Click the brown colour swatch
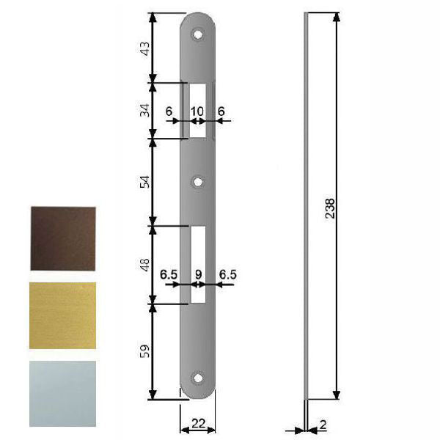coord(63,238)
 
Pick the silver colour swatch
coord(63,392)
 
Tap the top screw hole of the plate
coord(197,34)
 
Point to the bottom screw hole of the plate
coord(197,378)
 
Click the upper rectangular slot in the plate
coord(197,110)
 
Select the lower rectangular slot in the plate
coord(197,264)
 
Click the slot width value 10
coord(197,111)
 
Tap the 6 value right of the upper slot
coord(221,111)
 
